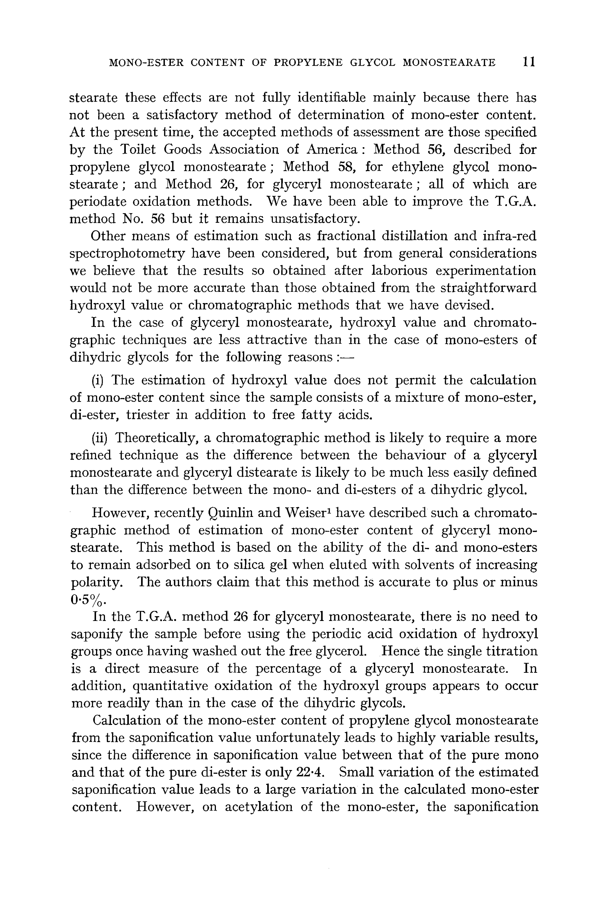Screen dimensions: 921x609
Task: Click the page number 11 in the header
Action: (x=529, y=62)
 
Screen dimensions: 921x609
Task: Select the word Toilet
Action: (x=137, y=149)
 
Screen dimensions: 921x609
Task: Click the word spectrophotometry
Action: (x=127, y=253)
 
